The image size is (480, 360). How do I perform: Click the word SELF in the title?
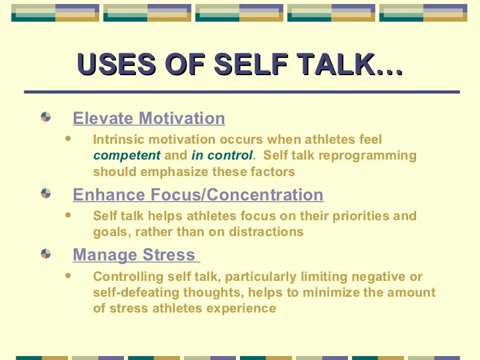tap(251, 65)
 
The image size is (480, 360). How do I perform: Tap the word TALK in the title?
tap(337, 65)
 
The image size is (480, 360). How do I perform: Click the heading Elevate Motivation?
tap(149, 118)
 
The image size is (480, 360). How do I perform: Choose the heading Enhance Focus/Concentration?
tap(198, 195)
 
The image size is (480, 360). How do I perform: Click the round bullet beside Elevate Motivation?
tap(46, 117)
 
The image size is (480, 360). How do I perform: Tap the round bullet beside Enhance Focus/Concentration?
tap(46, 193)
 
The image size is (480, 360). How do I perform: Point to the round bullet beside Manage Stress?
tap(46, 253)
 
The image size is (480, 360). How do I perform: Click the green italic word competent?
tap(127, 156)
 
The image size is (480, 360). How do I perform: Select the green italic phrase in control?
tap(222, 155)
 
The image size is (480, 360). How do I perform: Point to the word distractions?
tap(266, 231)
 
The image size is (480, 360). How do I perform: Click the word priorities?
tap(361, 216)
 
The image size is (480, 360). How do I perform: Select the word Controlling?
tap(128, 277)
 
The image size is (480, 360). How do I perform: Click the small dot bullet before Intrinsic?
tap(68, 138)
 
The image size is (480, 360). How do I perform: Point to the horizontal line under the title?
tap(242, 92)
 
